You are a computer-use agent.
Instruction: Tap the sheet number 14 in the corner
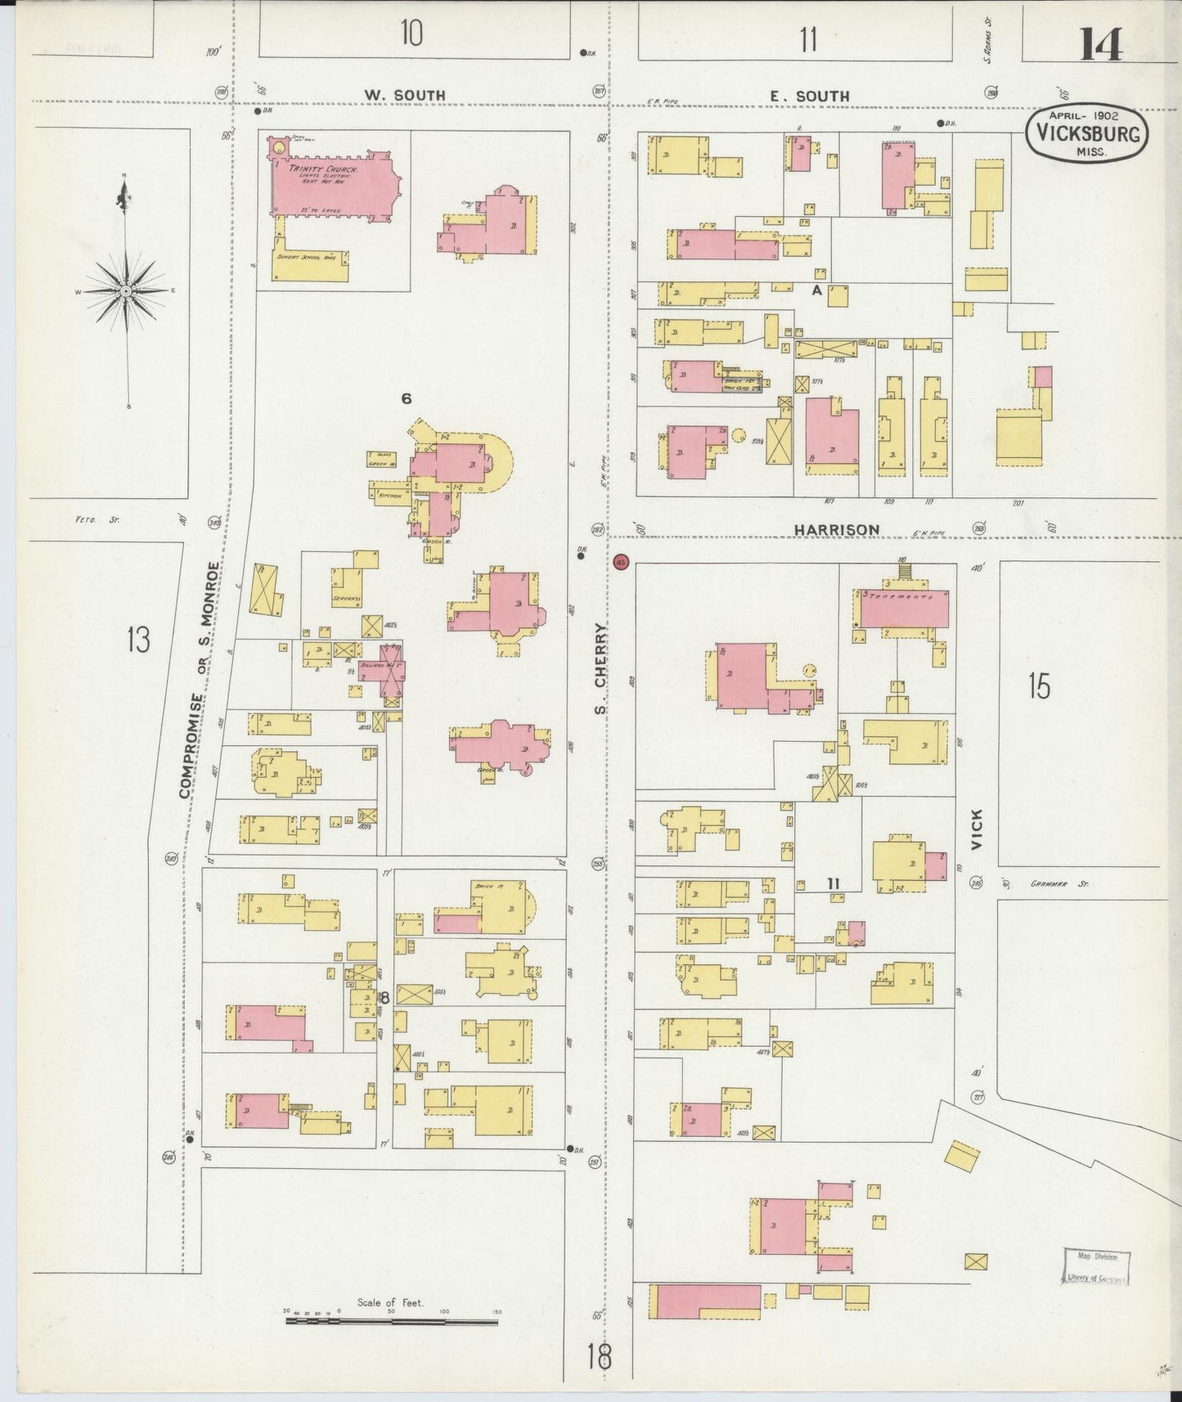point(1100,44)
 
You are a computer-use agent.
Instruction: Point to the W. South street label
point(405,96)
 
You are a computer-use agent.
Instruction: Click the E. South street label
point(809,97)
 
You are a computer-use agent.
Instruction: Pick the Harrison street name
point(837,530)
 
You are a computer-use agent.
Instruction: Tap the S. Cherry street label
point(601,667)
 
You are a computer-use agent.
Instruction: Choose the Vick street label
point(977,829)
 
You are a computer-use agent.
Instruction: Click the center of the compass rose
point(126,291)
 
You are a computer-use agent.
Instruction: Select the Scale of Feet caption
point(390,1302)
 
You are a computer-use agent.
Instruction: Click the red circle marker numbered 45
point(622,563)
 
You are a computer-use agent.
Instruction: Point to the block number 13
point(138,640)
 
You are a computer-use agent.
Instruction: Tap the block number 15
point(1039,685)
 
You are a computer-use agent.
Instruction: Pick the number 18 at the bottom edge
point(599,1357)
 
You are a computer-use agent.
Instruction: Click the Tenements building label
point(903,598)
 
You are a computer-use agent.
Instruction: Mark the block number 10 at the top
point(411,35)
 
